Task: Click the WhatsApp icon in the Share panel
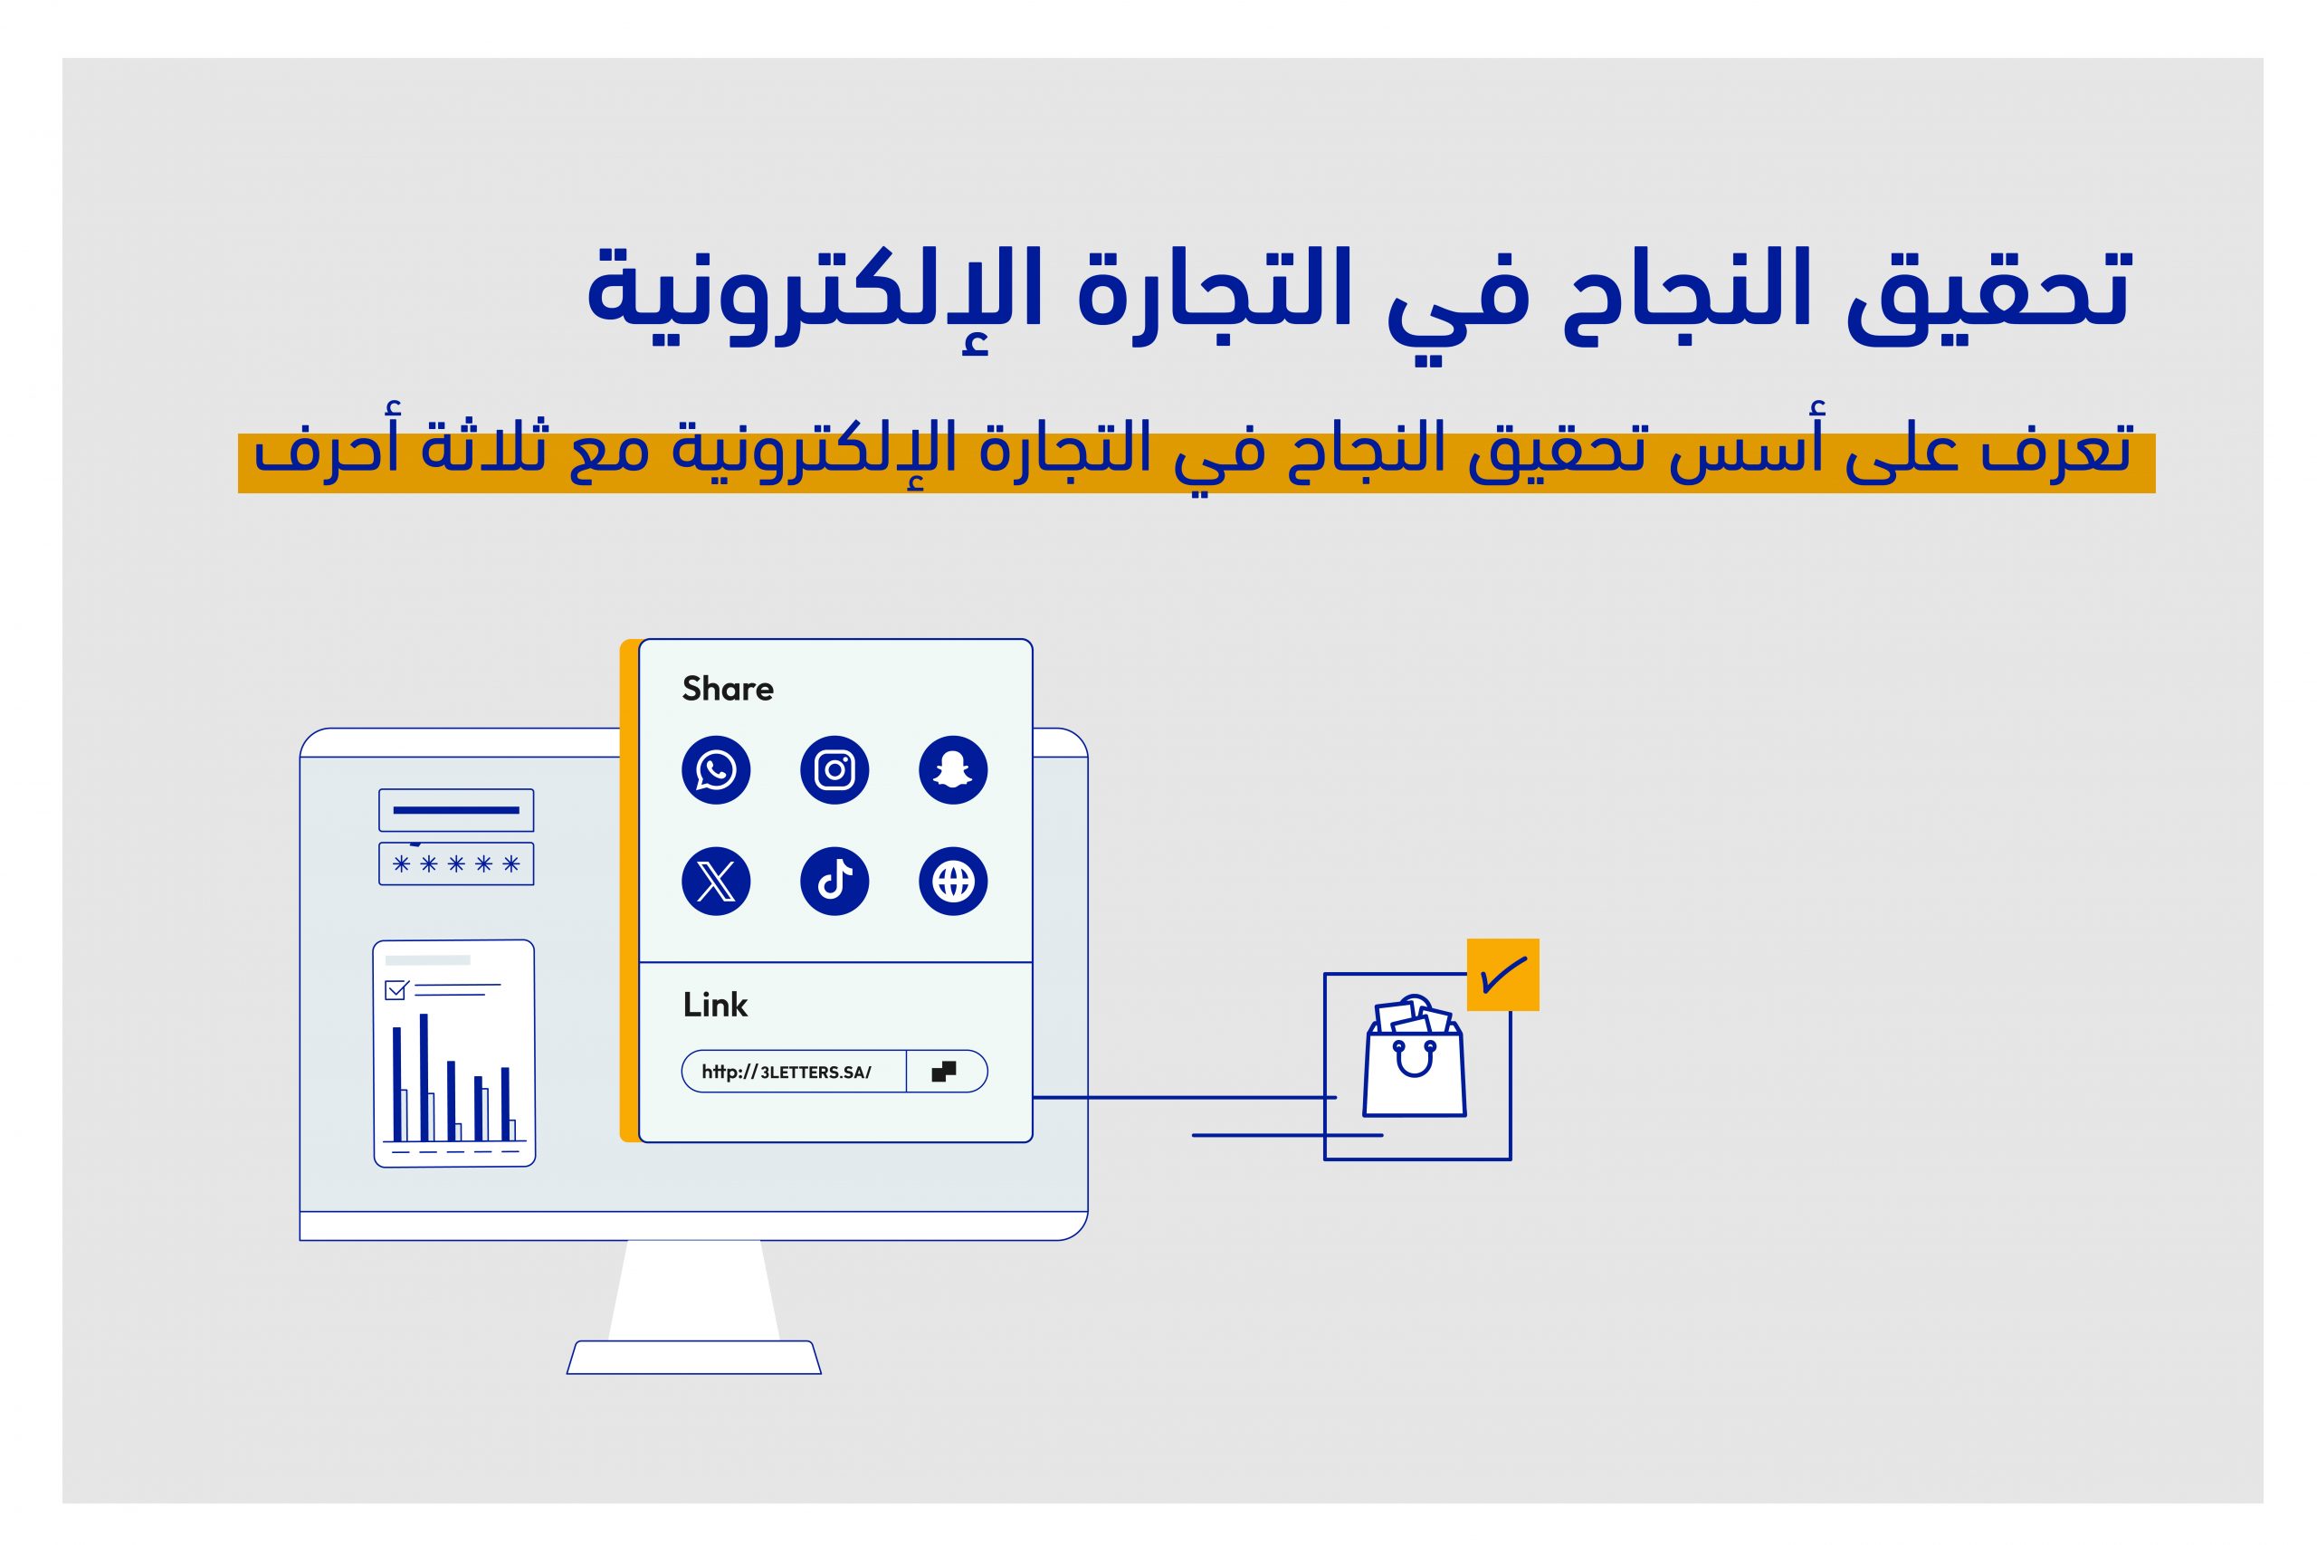[716, 769]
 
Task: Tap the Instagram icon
[834, 769]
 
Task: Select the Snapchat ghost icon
[953, 769]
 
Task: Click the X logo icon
[716, 881]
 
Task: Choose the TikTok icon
[834, 881]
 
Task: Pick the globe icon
[953, 881]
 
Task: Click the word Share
[728, 689]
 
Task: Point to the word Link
[715, 1005]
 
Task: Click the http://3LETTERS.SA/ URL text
[787, 1072]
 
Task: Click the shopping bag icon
[1414, 1056]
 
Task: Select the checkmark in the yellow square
[1502, 975]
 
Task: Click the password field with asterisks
[456, 864]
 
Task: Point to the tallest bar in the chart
[424, 1077]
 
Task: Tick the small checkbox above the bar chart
[396, 989]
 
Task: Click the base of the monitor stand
[693, 1357]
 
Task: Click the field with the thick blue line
[456, 810]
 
